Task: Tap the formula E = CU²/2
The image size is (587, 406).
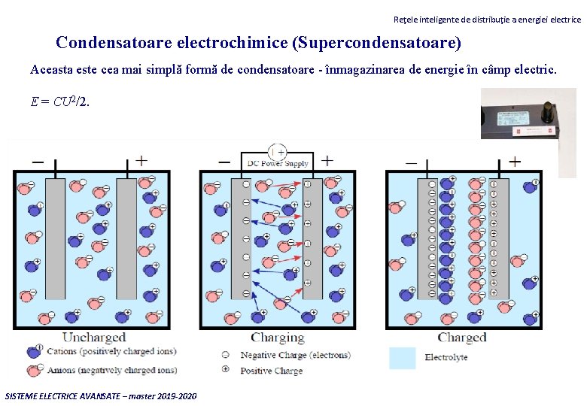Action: pyautogui.click(x=59, y=102)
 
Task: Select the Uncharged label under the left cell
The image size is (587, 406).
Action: pyautogui.click(x=94, y=338)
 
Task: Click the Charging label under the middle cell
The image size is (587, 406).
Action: pyautogui.click(x=278, y=338)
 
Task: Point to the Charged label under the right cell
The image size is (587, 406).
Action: pyautogui.click(x=462, y=338)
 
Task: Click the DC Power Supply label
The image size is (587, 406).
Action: pyautogui.click(x=278, y=163)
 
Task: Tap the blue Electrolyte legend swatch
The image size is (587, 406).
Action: pyautogui.click(x=402, y=357)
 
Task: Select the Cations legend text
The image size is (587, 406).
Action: pyautogui.click(x=111, y=351)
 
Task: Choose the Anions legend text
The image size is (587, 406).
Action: pyautogui.click(x=111, y=370)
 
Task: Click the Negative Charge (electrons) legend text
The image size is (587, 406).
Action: pyautogui.click(x=295, y=355)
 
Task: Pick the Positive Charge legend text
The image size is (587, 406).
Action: pyautogui.click(x=271, y=371)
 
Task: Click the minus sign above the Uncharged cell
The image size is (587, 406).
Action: pyautogui.click(x=37, y=161)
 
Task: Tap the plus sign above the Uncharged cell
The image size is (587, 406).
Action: pyautogui.click(x=141, y=161)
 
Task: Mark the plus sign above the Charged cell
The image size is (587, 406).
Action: pyautogui.click(x=515, y=161)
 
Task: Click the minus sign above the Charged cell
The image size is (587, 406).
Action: pyautogui.click(x=411, y=161)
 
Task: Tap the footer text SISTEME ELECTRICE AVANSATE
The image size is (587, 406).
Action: pyautogui.click(x=101, y=395)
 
